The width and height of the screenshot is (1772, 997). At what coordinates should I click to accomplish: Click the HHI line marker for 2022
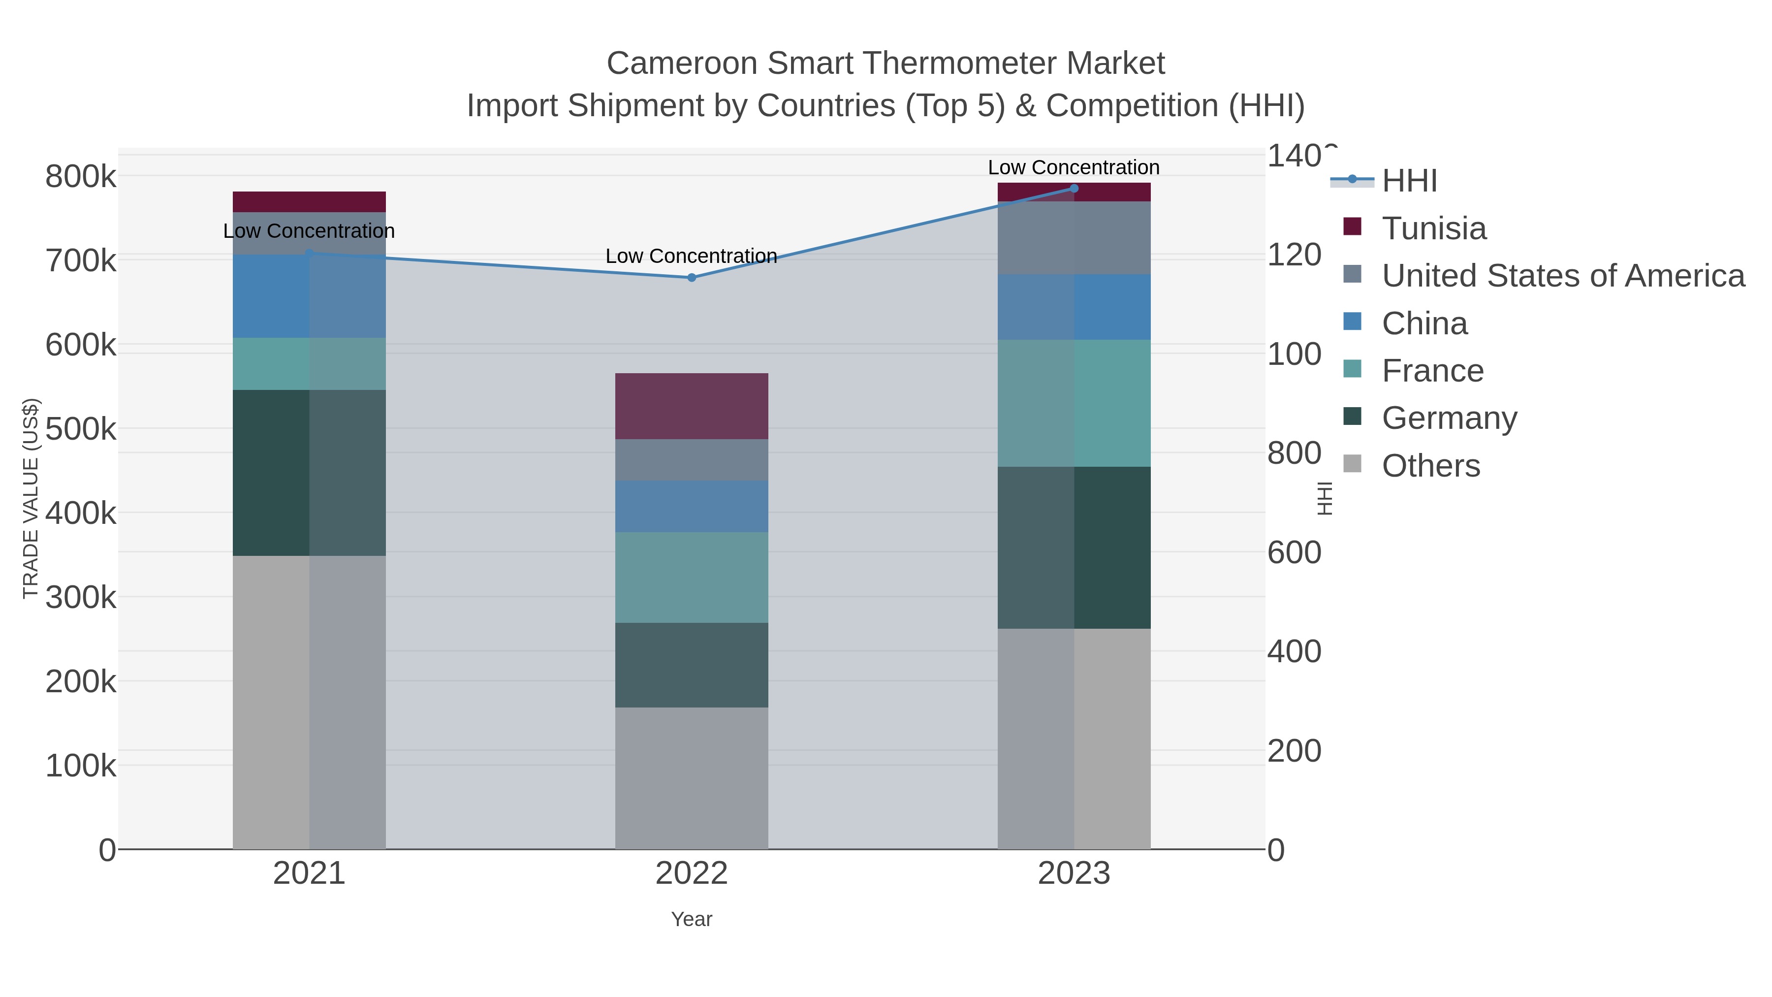coord(692,277)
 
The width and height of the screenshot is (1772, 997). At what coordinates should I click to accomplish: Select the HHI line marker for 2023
coord(1074,189)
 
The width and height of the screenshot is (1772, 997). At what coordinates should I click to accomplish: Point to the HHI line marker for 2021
coord(309,253)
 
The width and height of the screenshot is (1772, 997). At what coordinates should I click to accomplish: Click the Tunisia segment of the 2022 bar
coord(692,406)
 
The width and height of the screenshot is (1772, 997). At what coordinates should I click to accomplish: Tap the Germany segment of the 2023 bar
coord(1074,547)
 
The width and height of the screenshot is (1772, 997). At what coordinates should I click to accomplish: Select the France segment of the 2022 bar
coord(692,578)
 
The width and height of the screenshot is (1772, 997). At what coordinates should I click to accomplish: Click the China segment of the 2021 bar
coord(309,296)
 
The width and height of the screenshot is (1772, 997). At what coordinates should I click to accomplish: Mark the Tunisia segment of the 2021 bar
coord(309,201)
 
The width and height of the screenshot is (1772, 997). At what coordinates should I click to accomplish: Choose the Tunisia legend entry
coord(1433,228)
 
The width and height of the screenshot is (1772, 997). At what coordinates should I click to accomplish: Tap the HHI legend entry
coord(1409,181)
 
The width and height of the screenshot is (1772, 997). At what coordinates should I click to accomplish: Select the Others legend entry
coord(1430,466)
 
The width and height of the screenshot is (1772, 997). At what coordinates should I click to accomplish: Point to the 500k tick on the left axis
coord(81,429)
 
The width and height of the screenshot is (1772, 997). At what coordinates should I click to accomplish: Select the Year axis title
coord(692,919)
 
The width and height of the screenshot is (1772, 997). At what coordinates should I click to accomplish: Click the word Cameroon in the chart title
coord(682,64)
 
